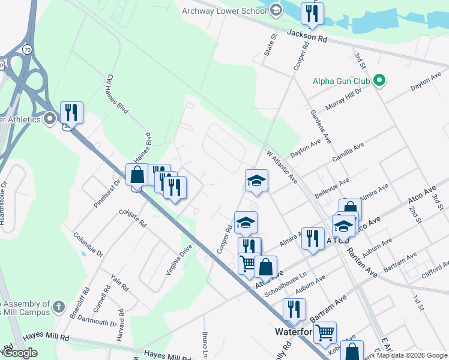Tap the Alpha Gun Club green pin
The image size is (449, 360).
point(379,80)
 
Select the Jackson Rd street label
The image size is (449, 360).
point(306,37)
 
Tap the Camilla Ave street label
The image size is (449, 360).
point(349,154)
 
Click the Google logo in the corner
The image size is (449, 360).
point(20,353)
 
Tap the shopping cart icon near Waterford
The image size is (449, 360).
point(325,332)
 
